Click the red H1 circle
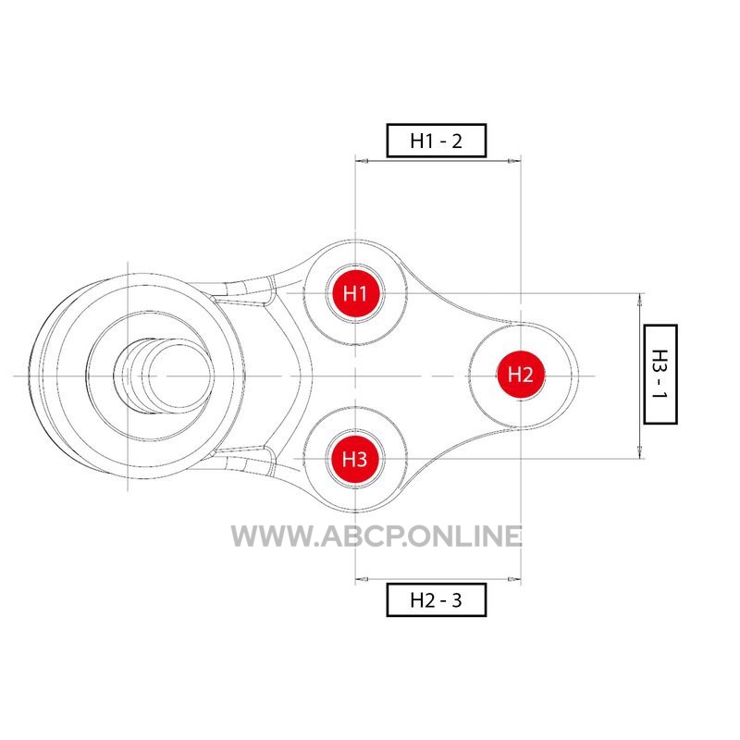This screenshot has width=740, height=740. [355, 293]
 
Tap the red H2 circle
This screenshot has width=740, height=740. [521, 375]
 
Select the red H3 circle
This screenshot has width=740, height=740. [355, 459]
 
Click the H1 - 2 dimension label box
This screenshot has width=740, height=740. [436, 141]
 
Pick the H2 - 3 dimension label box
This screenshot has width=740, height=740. [436, 599]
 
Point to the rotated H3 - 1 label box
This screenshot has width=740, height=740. [660, 375]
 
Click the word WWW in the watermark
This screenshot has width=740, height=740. [270, 536]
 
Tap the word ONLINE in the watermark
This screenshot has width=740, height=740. [466, 536]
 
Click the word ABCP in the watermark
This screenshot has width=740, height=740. [362, 536]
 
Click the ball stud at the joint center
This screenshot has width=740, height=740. [163, 376]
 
